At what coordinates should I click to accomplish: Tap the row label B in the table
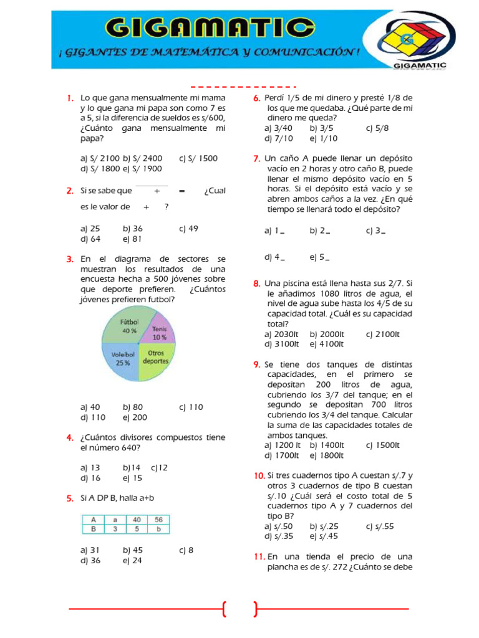93,529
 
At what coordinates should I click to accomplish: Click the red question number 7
256,159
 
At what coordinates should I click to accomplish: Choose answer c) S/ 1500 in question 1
198,158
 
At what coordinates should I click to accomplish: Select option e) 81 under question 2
133,239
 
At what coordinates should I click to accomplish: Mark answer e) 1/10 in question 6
323,138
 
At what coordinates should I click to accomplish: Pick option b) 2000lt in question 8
326,334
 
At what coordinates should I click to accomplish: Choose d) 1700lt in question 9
283,455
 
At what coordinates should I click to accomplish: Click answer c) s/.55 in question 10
380,526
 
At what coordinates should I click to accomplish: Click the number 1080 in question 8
331,293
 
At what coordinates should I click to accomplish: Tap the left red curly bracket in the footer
223,609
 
